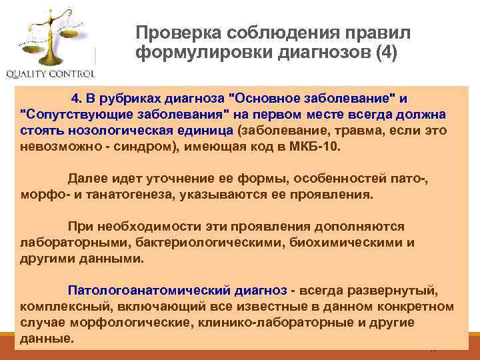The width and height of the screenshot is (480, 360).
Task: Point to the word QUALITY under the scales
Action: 29,73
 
